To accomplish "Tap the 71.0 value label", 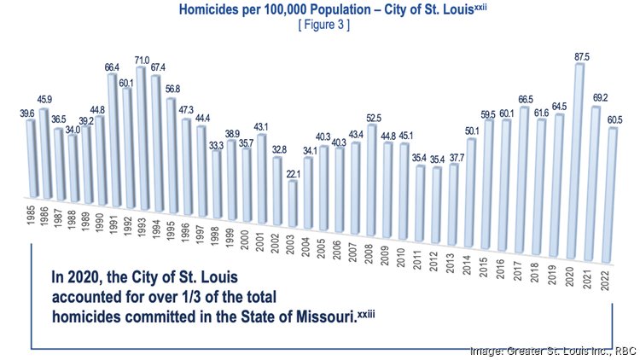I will point(141,60).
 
